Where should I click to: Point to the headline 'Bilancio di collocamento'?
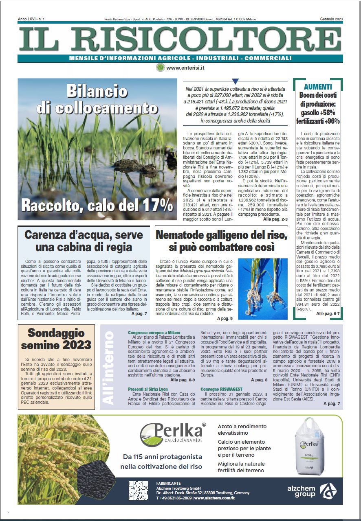coord(97,99)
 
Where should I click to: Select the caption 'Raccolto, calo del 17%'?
coord(97,205)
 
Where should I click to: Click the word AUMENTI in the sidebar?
coord(318,87)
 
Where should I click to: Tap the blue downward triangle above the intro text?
coord(235,81)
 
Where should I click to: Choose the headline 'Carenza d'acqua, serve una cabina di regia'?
coord(84,241)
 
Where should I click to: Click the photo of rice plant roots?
coord(257,283)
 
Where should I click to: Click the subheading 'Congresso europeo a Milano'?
coord(154,333)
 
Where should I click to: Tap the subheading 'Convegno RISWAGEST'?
coord(221,389)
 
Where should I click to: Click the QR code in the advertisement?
coord(138,490)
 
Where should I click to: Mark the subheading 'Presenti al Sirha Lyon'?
coord(147,389)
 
